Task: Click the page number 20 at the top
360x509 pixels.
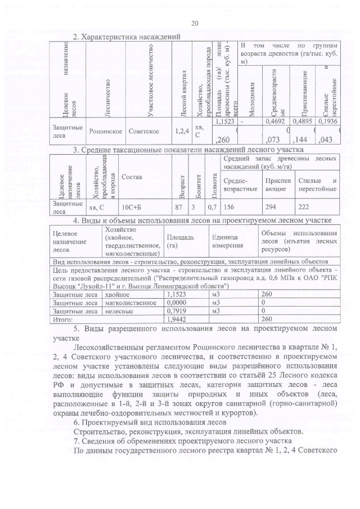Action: click(195, 23)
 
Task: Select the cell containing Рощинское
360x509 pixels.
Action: click(106, 130)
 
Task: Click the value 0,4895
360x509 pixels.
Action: click(303, 121)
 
